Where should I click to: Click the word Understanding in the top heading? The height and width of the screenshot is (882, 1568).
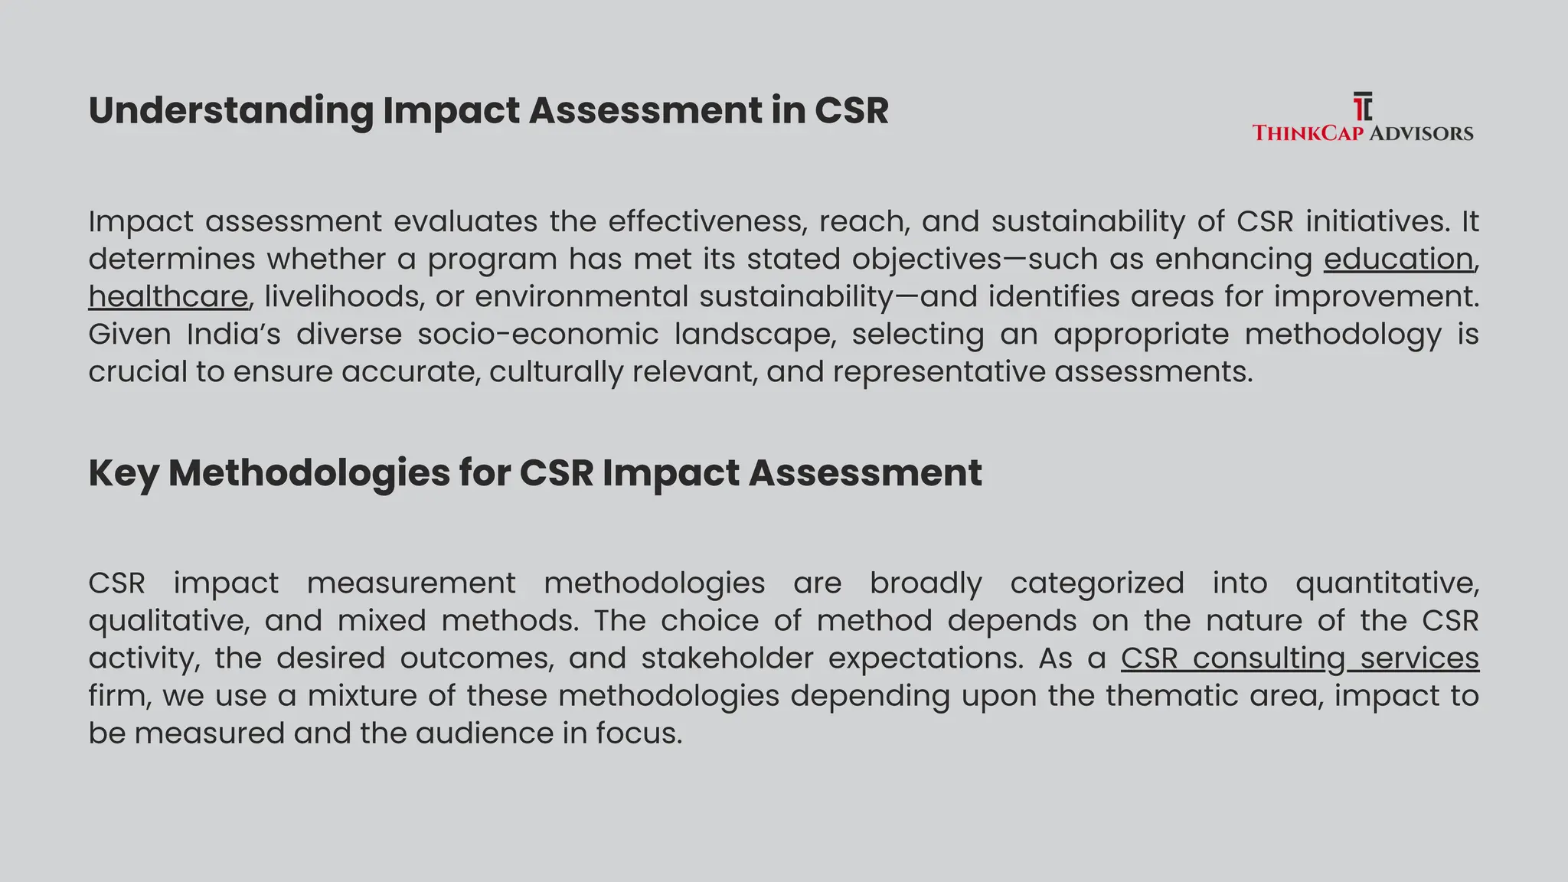coord(230,111)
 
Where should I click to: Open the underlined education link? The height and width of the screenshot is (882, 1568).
coord(1398,259)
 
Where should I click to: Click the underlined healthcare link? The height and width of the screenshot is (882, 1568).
coord(168,296)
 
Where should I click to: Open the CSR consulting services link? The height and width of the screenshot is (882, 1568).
coord(1299,658)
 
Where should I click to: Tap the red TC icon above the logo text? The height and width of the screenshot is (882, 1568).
coord(1362,106)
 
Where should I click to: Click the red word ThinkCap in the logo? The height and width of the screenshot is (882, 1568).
coord(1308,133)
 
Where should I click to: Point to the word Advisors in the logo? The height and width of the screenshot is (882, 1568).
coord(1421,133)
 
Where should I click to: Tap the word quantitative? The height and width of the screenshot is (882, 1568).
coord(1387,583)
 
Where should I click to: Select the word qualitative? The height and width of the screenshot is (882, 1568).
coord(168,621)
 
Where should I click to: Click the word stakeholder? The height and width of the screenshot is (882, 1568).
coord(727,658)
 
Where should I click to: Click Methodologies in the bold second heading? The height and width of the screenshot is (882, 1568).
coord(309,473)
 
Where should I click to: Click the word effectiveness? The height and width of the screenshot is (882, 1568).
coord(707,221)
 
